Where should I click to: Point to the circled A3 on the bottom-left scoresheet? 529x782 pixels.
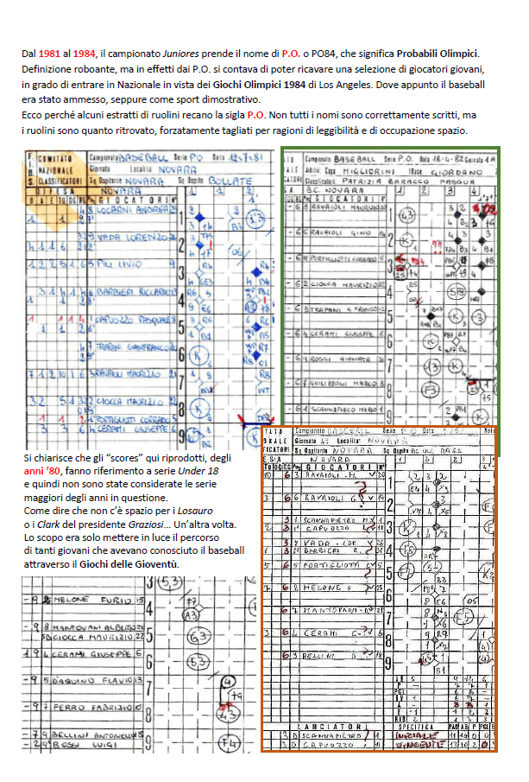tap(192, 614)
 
